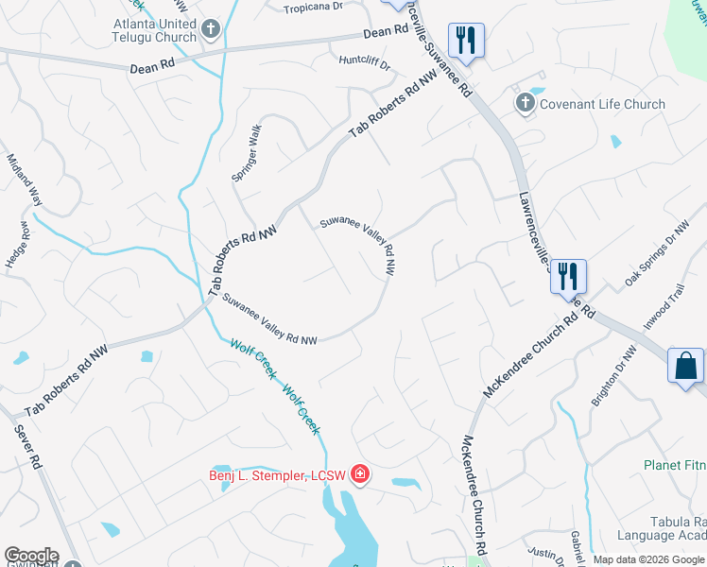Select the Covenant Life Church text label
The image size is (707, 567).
[x=602, y=104]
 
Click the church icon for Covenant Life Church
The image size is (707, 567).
[x=525, y=103]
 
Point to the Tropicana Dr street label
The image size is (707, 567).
[x=315, y=9]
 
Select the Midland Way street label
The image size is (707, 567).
[x=26, y=180]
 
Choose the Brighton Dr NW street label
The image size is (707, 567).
[x=613, y=375]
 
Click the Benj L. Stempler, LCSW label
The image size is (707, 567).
[x=277, y=474]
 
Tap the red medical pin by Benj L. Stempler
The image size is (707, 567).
[x=359, y=473]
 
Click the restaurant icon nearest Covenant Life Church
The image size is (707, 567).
[x=466, y=41]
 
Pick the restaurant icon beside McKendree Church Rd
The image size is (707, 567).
[x=568, y=277]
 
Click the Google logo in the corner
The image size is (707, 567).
[x=31, y=556]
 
